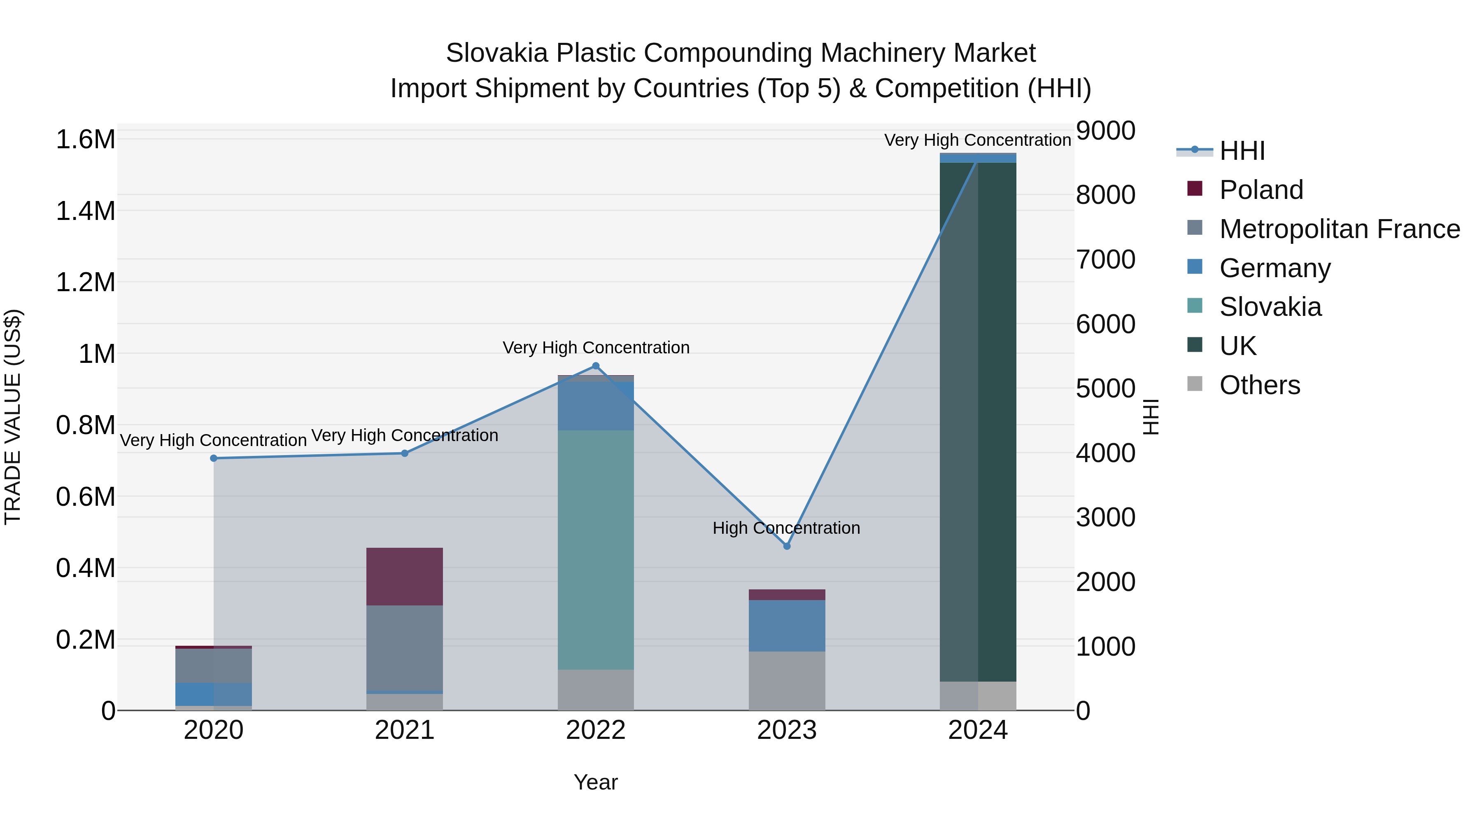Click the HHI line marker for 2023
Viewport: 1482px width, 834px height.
[x=787, y=546]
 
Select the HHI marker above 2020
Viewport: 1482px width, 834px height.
[x=213, y=458]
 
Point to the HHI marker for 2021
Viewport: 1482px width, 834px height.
[x=404, y=453]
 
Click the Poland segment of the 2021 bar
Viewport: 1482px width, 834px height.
[x=404, y=576]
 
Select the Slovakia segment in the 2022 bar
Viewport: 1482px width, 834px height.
[x=596, y=550]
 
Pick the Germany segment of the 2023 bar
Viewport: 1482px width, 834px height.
[x=787, y=626]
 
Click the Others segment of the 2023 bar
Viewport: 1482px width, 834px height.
[x=787, y=680]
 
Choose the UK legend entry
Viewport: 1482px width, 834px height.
[x=1237, y=346]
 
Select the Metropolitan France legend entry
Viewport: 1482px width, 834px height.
[x=1339, y=229]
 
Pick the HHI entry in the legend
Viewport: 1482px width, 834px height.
[x=1242, y=151]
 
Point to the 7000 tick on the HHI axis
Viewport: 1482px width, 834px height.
[x=1105, y=259]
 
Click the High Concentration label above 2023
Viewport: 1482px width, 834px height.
[x=786, y=528]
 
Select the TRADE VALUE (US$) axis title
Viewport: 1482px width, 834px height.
[x=13, y=417]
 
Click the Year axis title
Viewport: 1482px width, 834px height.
[x=595, y=782]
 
